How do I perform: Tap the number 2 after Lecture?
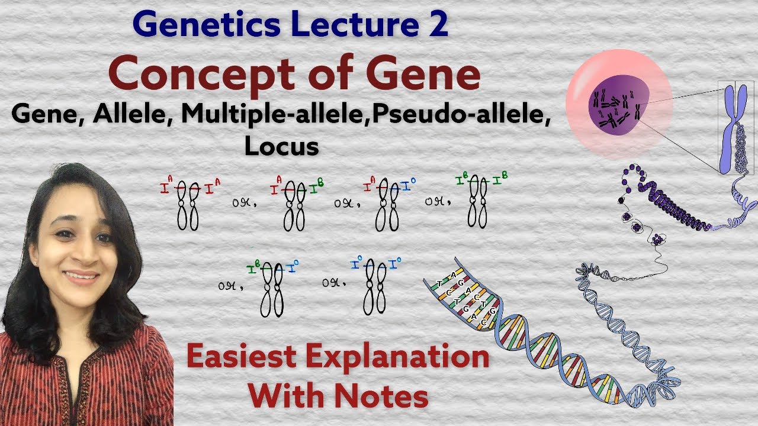[x=438, y=27]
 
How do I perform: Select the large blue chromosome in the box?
[x=726, y=127]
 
